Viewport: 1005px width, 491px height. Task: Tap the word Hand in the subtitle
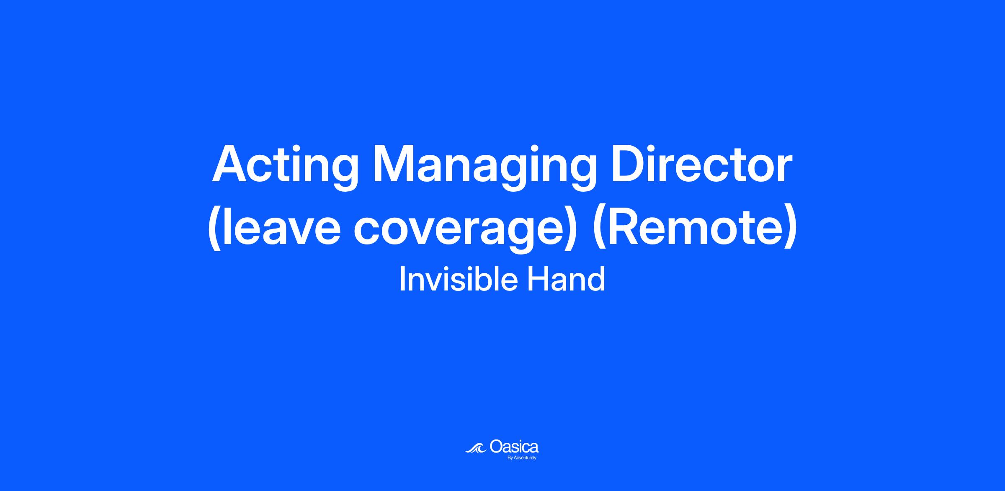click(x=566, y=280)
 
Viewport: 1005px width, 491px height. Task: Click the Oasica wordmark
click(x=514, y=447)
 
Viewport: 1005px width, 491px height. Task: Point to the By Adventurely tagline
click(x=522, y=458)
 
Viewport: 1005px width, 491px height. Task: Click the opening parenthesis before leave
click(x=214, y=228)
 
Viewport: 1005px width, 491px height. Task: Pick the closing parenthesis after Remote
click(x=790, y=228)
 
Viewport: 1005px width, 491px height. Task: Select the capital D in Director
click(x=629, y=164)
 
